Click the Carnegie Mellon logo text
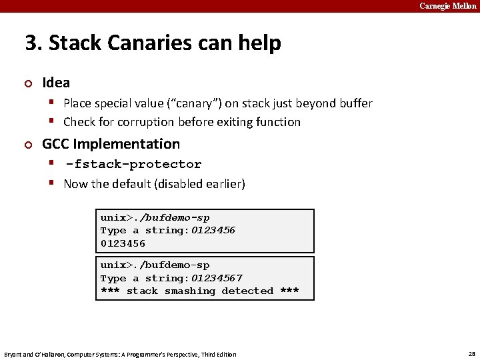tap(447, 6)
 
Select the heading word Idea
tap(56, 83)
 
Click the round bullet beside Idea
tap(28, 83)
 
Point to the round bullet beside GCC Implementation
tap(28, 144)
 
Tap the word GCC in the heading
tap(55, 144)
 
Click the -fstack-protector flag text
tap(133, 164)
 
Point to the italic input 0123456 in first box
tap(213, 231)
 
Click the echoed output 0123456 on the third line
tap(123, 243)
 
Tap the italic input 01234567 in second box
tap(217, 278)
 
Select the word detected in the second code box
tap(247, 291)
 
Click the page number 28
tap(471, 353)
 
